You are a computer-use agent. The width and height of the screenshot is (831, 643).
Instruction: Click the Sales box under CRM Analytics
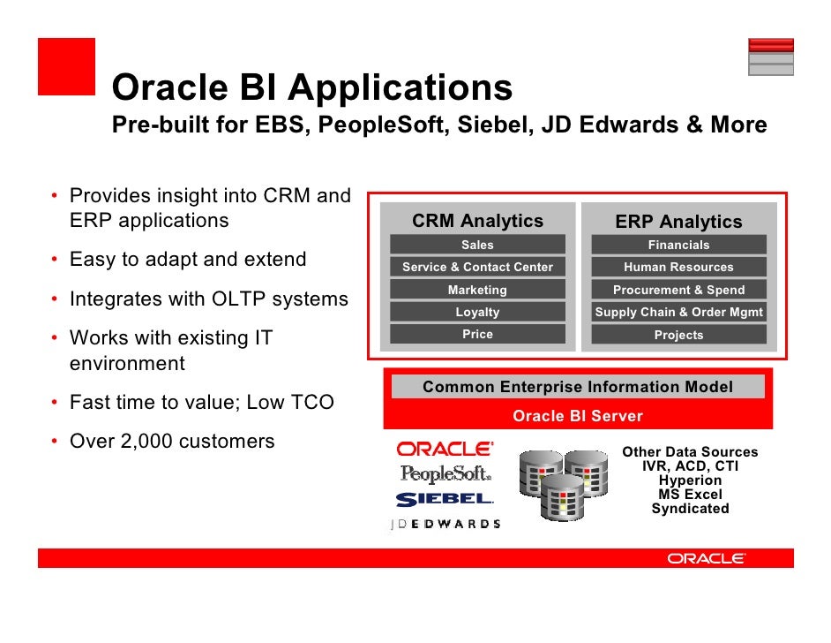pyautogui.click(x=477, y=245)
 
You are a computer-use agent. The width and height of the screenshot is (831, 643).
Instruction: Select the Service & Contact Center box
pyautogui.click(x=477, y=267)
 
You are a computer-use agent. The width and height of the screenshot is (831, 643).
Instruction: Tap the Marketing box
pyautogui.click(x=477, y=290)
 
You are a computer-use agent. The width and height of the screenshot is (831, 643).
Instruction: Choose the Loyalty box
pyautogui.click(x=477, y=312)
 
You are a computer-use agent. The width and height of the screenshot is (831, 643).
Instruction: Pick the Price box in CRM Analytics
pyautogui.click(x=477, y=334)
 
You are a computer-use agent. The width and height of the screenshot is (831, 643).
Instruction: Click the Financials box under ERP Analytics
pyautogui.click(x=678, y=245)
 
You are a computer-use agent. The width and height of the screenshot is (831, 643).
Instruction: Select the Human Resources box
pyautogui.click(x=678, y=267)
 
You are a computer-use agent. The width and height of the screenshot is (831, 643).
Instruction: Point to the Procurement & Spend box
pyautogui.click(x=678, y=290)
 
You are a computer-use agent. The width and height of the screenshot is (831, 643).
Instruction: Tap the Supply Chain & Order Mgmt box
pyautogui.click(x=678, y=312)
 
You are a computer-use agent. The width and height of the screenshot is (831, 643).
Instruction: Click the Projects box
pyautogui.click(x=678, y=335)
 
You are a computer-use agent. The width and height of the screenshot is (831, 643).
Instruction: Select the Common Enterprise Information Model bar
pyautogui.click(x=578, y=387)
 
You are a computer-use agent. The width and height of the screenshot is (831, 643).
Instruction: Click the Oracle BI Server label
pyautogui.click(x=578, y=416)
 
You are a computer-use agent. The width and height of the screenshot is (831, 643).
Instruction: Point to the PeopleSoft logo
pyautogui.click(x=445, y=474)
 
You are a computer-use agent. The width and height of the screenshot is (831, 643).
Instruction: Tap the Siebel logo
pyautogui.click(x=445, y=499)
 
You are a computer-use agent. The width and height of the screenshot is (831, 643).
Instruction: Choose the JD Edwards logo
pyautogui.click(x=445, y=523)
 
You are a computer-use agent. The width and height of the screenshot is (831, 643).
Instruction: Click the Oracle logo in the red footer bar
pyautogui.click(x=707, y=558)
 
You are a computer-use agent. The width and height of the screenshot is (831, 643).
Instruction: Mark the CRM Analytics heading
pyautogui.click(x=477, y=221)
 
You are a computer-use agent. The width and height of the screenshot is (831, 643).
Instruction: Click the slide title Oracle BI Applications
pyautogui.click(x=312, y=88)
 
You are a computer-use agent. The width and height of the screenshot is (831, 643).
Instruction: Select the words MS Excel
pyautogui.click(x=690, y=495)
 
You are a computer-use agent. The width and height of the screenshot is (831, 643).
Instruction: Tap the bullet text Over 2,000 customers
pyautogui.click(x=172, y=441)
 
